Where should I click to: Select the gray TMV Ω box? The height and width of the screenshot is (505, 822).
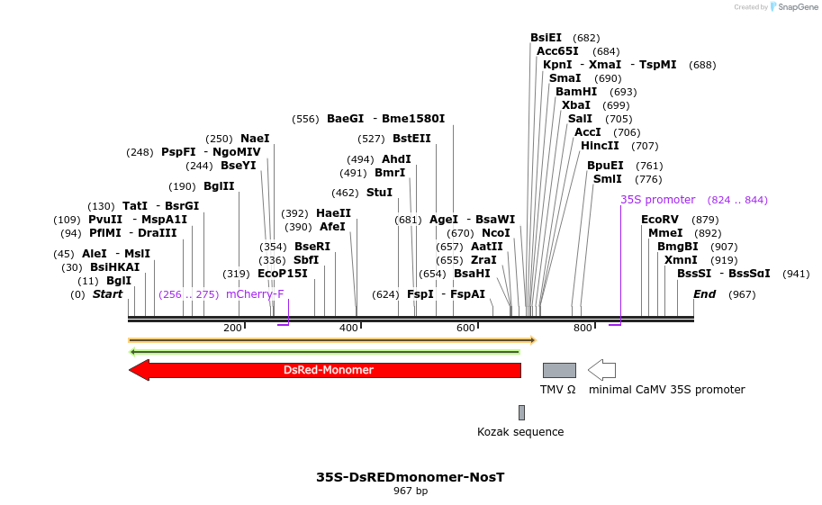(559, 370)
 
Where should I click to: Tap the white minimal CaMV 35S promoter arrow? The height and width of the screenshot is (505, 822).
(601, 370)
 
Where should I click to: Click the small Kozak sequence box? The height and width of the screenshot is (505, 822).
(521, 412)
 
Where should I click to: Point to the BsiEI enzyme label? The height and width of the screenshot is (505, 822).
(546, 38)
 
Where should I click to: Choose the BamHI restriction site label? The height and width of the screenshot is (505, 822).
(576, 92)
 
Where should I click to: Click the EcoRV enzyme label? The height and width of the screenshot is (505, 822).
(660, 220)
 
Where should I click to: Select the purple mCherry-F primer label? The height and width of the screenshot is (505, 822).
(255, 294)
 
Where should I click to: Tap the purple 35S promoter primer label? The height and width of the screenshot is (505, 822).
(657, 200)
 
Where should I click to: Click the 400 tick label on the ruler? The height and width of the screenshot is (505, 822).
(348, 328)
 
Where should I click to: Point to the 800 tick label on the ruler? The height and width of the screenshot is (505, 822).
(583, 328)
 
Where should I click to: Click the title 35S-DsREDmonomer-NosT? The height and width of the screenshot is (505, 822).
(410, 477)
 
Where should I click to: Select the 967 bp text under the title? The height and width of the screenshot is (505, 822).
(410, 491)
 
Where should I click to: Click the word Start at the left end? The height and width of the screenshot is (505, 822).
(107, 294)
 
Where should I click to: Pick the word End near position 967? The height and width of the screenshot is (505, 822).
(704, 294)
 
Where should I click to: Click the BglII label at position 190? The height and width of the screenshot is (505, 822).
(219, 186)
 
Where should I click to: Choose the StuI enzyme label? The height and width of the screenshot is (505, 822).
(379, 193)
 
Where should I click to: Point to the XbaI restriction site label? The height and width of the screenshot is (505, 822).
(576, 105)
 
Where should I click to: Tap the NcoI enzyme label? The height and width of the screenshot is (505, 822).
(496, 233)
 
